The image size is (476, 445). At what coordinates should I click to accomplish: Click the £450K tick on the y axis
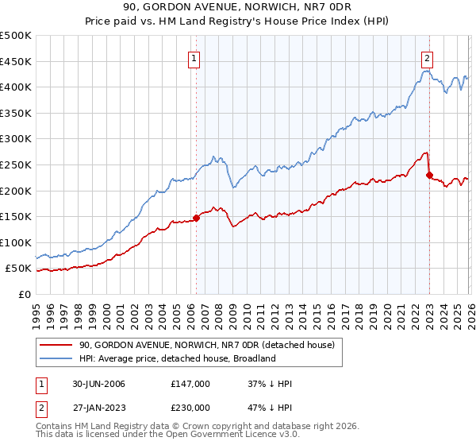16,61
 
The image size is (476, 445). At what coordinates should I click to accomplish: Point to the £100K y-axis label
16,242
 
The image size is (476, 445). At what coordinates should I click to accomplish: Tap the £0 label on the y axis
24,294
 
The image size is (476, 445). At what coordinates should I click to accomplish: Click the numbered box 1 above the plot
195,57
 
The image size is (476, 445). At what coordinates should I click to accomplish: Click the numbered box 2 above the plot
428,57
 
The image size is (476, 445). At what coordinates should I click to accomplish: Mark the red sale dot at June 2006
197,218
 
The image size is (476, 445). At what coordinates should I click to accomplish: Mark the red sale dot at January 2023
429,175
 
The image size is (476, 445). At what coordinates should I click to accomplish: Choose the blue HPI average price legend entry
177,358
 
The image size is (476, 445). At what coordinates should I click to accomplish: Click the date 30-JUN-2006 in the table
98,384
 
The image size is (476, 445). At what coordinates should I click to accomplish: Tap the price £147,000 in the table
190,384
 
